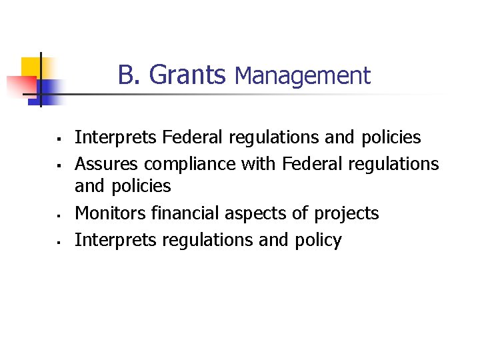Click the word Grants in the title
[187, 75]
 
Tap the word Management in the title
[303, 76]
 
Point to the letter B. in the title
[130, 75]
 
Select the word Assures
[107, 164]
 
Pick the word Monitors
[110, 213]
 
